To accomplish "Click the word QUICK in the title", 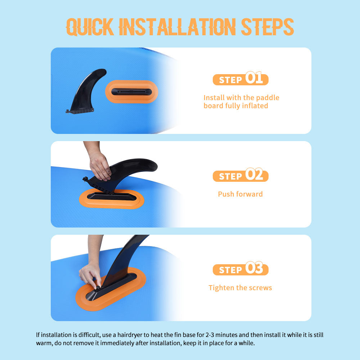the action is [90, 27].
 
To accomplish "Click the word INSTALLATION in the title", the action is [177, 27].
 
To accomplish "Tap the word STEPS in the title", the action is [267, 27].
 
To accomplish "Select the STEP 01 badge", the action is [240, 78].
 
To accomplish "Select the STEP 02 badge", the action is [240, 175].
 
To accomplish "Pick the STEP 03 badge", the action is [240, 269].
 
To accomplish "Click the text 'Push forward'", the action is [240, 194].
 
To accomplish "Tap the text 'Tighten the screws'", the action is [240, 288].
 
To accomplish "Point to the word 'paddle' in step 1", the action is [268, 98].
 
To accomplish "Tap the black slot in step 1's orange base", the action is [131, 92].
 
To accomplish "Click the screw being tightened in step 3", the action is [98, 287].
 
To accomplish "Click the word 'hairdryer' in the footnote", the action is [130, 335].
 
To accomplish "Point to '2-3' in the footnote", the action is [210, 335].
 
